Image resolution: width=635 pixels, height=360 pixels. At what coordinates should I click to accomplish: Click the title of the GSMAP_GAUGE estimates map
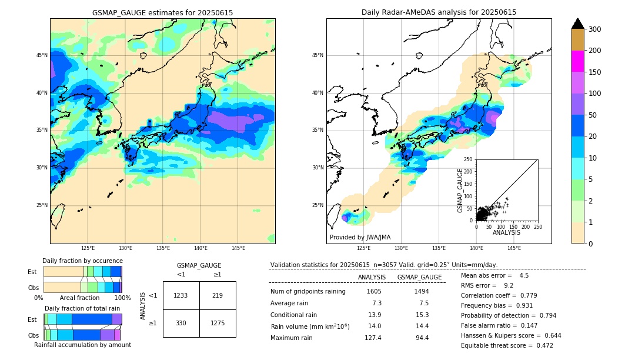(x=162, y=12)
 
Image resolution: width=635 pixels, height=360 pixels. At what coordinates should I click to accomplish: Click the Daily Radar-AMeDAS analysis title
(x=439, y=12)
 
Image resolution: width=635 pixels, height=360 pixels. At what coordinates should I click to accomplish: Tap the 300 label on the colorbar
(x=596, y=29)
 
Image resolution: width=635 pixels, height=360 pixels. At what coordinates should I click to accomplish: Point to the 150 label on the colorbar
(x=596, y=72)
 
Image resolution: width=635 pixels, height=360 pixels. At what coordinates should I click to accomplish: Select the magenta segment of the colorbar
(x=578, y=61)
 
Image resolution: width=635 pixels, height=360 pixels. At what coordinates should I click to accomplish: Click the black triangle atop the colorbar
(x=578, y=24)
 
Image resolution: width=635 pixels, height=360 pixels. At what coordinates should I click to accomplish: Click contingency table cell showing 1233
(x=181, y=295)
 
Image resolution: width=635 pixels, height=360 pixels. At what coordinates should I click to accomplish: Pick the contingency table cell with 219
(x=218, y=295)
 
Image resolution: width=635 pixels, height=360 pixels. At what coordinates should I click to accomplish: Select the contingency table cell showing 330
(x=181, y=323)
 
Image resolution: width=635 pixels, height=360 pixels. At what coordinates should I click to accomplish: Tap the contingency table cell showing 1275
(x=218, y=323)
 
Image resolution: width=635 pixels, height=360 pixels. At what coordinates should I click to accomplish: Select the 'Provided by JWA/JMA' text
(x=360, y=237)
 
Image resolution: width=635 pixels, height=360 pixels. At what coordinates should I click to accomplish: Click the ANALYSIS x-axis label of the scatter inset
(x=506, y=233)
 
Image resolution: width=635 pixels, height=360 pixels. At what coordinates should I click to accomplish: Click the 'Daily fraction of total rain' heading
(x=82, y=308)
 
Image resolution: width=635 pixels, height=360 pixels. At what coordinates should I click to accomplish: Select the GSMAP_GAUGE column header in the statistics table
(x=419, y=277)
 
